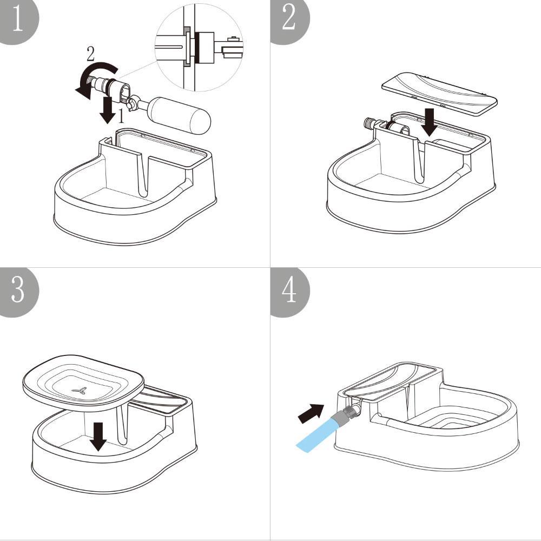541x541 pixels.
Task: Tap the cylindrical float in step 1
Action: pyautogui.click(x=179, y=114)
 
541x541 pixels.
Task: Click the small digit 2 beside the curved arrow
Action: pyautogui.click(x=90, y=53)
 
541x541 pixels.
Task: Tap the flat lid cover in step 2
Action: pyautogui.click(x=440, y=93)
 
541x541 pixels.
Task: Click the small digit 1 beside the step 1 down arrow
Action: pyautogui.click(x=122, y=116)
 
